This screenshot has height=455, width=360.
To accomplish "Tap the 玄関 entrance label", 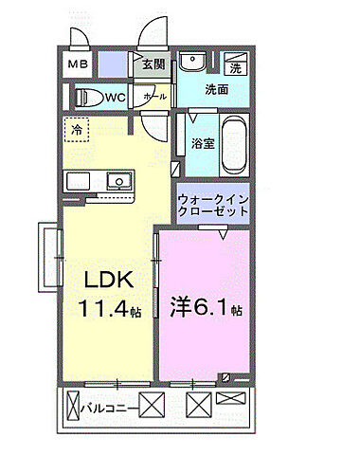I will pos(153,65).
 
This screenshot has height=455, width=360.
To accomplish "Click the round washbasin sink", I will pos(194,64).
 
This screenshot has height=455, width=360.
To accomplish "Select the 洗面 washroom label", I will pos(218,91).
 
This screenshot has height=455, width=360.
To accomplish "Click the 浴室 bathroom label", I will pos(201,143).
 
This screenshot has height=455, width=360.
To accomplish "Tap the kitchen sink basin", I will pos(118,180).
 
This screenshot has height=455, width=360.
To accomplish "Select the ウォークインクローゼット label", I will pos(213,206).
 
